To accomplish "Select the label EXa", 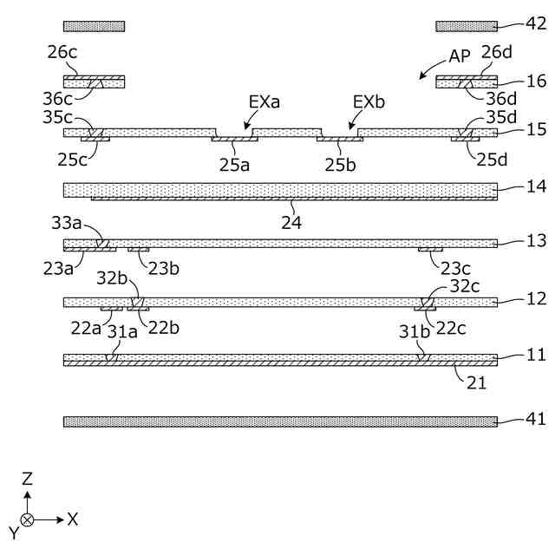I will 263,101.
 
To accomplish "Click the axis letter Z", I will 28,478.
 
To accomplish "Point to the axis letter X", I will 74,519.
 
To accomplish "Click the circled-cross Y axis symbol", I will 28,519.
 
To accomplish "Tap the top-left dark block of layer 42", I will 94,26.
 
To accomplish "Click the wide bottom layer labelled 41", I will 279,421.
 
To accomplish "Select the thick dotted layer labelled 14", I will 279,189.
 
